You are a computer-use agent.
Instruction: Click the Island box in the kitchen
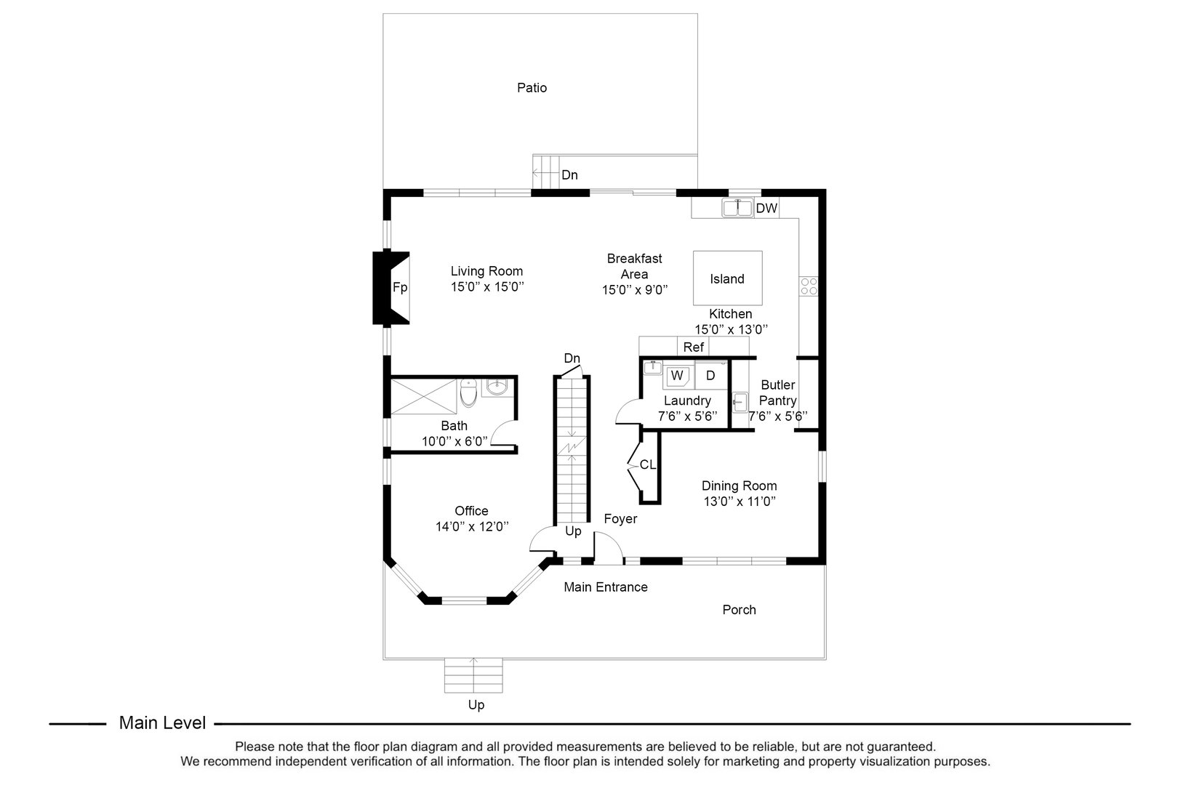click(727, 278)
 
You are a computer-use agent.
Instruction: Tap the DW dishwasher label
click(766, 209)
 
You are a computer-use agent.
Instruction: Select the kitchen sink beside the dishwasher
click(737, 208)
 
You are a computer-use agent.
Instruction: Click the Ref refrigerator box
click(693, 347)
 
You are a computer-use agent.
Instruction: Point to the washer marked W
click(677, 376)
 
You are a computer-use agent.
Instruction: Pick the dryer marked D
click(710, 376)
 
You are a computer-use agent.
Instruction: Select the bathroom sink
click(497, 388)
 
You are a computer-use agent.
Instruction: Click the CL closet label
click(647, 464)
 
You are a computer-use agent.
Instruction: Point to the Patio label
click(532, 88)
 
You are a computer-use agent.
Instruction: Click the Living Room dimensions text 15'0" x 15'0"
click(486, 287)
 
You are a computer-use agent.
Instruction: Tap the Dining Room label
click(739, 486)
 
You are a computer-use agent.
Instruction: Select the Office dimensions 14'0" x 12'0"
click(471, 526)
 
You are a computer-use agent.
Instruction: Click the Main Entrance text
click(606, 587)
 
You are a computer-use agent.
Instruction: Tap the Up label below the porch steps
click(476, 704)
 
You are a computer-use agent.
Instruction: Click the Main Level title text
click(162, 722)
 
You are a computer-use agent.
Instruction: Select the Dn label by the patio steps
click(569, 175)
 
